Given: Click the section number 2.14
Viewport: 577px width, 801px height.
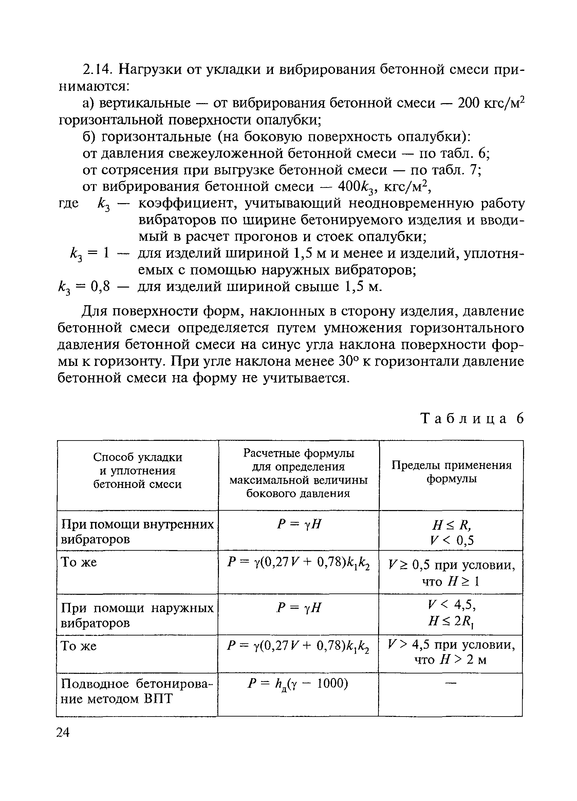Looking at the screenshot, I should point(97,70).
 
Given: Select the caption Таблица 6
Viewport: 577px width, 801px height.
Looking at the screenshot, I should point(472,418).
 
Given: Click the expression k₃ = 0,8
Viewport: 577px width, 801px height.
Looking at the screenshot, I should point(85,287).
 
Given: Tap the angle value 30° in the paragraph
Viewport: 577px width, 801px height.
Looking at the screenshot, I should point(348,361).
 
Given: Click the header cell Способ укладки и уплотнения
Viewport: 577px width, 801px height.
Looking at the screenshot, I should point(137,470).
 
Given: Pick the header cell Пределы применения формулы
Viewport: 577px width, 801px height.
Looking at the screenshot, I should point(451,472).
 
